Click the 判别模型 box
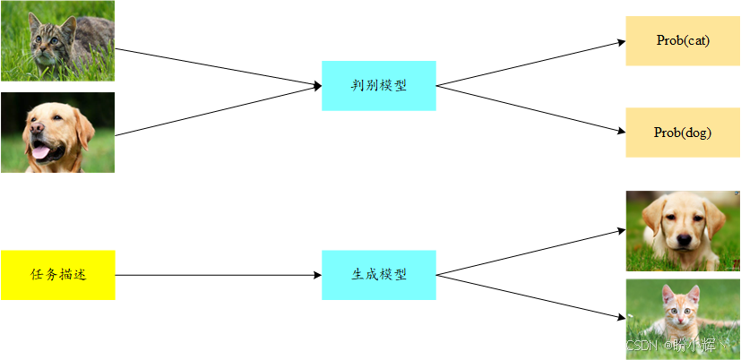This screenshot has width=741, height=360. point(378,85)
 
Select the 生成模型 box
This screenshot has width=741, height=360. point(378,275)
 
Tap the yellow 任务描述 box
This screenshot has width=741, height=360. point(57,275)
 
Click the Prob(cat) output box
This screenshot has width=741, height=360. point(683,40)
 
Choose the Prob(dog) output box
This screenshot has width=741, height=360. point(683,133)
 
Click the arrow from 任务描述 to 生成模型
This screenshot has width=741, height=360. point(219,275)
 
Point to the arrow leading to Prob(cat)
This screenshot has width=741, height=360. point(530,64)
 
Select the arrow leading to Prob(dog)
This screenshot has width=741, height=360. point(530,109)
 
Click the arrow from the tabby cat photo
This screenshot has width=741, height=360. point(219,67)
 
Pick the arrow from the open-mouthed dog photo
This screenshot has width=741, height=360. point(219,110)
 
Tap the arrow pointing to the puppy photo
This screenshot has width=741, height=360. point(530,252)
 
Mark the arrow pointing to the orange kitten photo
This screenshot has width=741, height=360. point(530,297)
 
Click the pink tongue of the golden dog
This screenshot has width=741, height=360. point(40,151)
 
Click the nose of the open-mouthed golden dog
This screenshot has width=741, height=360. point(37,127)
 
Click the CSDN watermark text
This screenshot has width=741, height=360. point(642,346)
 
